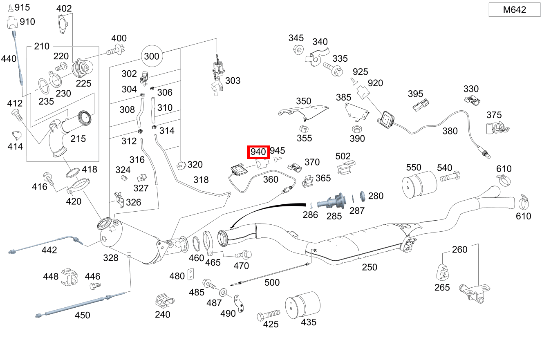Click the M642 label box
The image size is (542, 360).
[514, 10]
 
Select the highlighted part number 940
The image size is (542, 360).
[259, 152]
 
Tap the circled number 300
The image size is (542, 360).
[152, 56]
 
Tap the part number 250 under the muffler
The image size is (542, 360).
[370, 267]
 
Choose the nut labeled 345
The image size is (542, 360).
[298, 50]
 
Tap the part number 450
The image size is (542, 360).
[82, 315]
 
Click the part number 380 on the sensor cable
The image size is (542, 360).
[450, 131]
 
